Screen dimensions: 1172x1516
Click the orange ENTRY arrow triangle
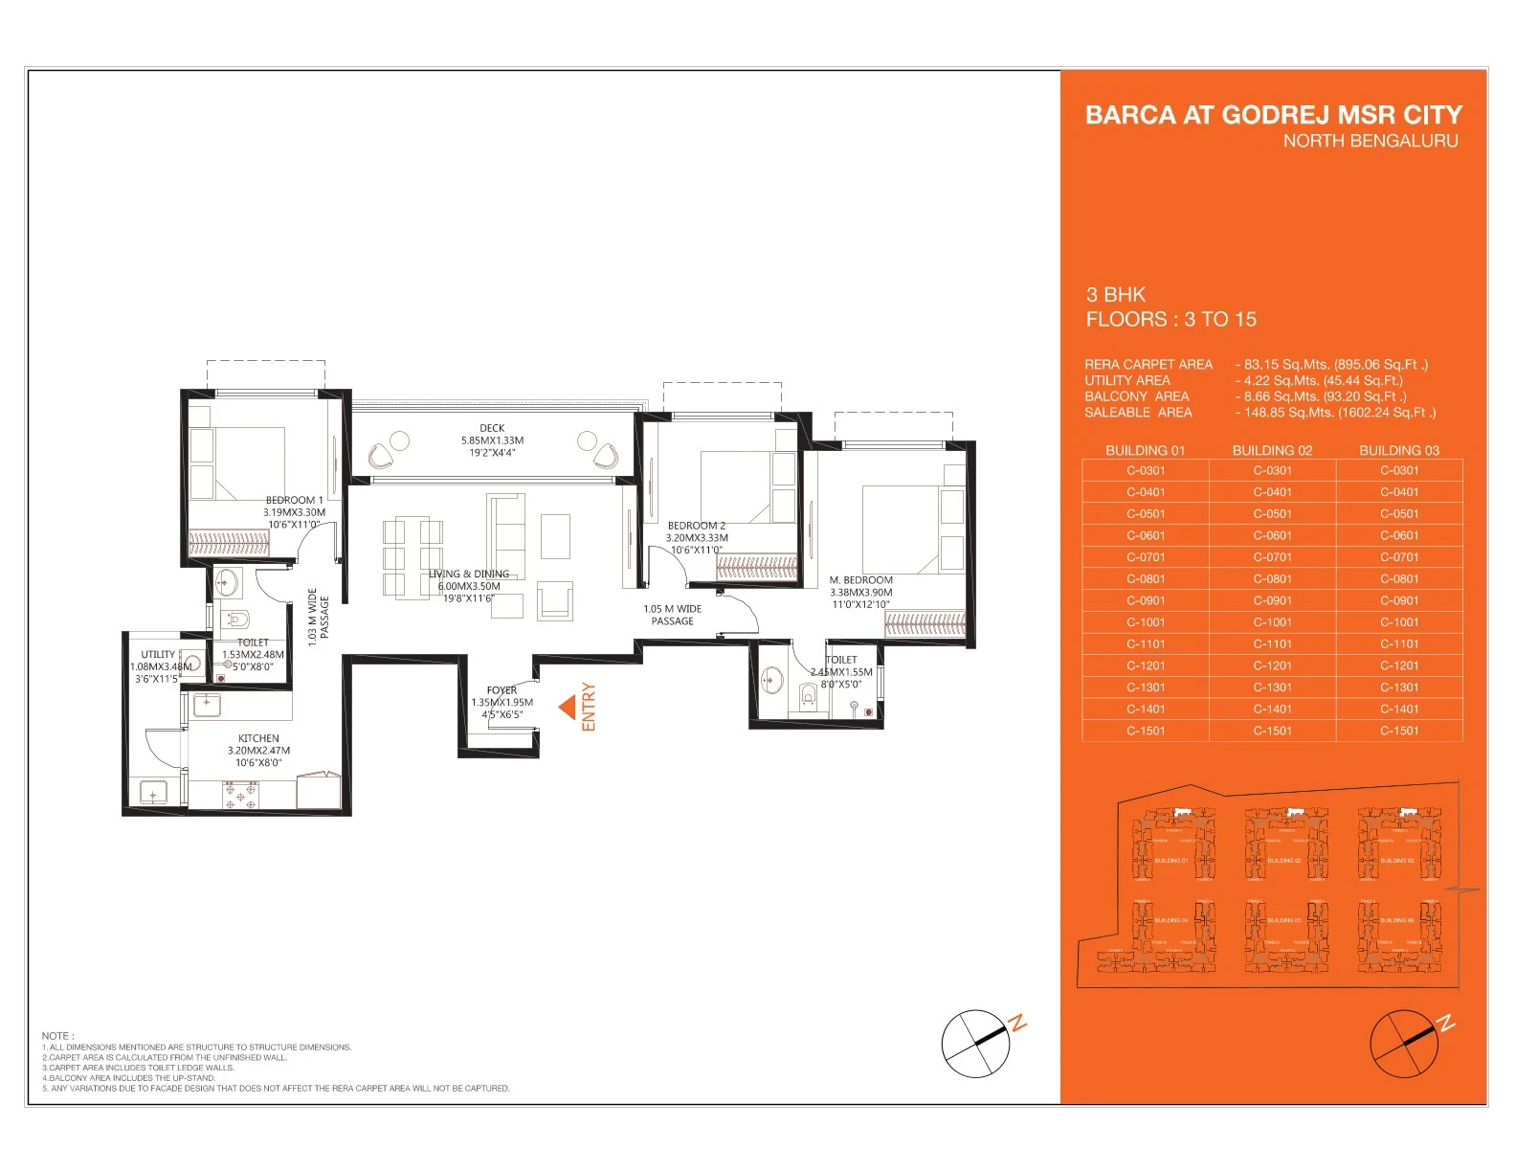(x=568, y=708)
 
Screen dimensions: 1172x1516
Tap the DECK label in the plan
(x=492, y=428)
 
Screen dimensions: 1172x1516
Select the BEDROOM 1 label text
(x=294, y=500)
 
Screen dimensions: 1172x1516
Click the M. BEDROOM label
(x=860, y=580)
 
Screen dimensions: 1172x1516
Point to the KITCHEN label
(x=258, y=738)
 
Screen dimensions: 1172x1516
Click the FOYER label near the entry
(x=502, y=689)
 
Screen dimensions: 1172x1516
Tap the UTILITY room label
(x=158, y=655)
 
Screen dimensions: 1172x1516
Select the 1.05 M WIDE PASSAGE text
(x=672, y=615)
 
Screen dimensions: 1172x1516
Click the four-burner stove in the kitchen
(x=240, y=794)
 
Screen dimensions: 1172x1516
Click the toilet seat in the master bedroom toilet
(x=809, y=694)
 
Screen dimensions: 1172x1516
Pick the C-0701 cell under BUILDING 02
(x=1272, y=557)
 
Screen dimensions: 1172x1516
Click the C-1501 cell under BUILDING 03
(x=1399, y=731)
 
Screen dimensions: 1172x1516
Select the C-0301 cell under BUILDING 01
(x=1146, y=470)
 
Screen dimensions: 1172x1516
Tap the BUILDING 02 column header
(x=1272, y=450)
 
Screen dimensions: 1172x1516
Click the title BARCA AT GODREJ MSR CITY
(x=1273, y=115)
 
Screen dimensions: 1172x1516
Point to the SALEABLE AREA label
(x=1138, y=413)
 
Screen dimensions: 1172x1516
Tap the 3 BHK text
(x=1115, y=295)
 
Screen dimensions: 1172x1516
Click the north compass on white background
(x=976, y=1044)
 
